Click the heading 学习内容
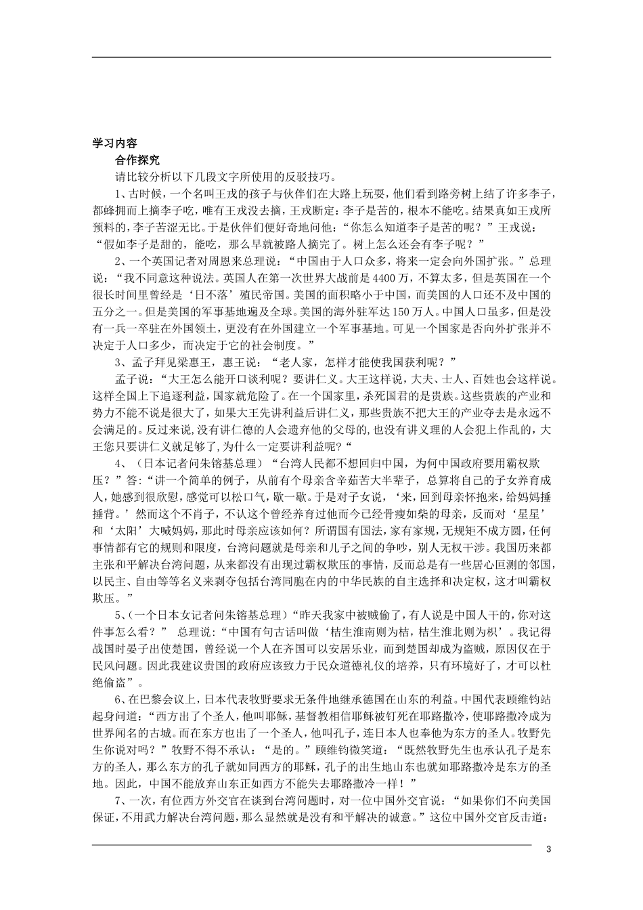tap(114, 144)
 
